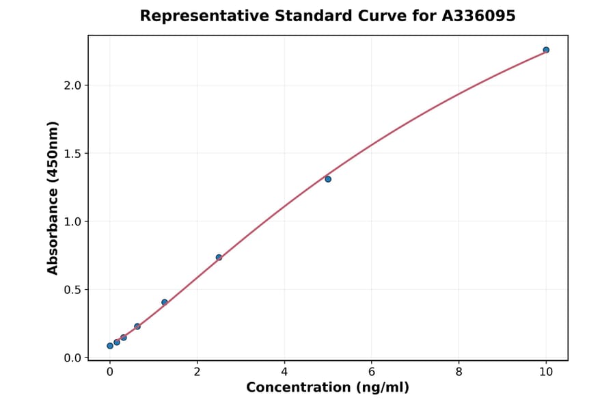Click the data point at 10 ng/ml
coord(546,50)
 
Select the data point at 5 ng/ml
coord(328,179)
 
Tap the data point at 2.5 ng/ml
coord(219,258)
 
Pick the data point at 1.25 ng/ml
coord(165,302)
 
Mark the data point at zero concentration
coord(110,346)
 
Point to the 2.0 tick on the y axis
coord(73,85)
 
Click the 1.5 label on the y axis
coord(73,154)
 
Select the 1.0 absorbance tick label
coord(73,221)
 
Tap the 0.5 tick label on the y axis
coord(73,290)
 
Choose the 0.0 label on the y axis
coord(73,358)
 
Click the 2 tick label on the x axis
coord(197,373)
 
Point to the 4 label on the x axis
coord(284,373)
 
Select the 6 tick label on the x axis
coord(372,373)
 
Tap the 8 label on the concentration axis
coord(459,373)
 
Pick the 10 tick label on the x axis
coord(546,373)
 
